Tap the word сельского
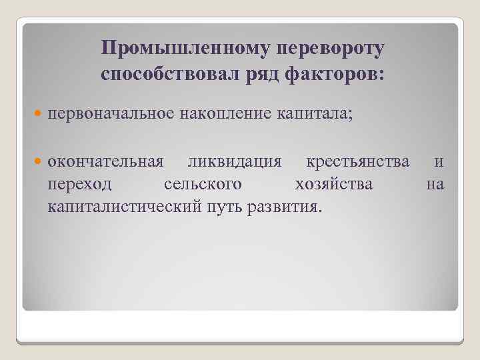[203, 184]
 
